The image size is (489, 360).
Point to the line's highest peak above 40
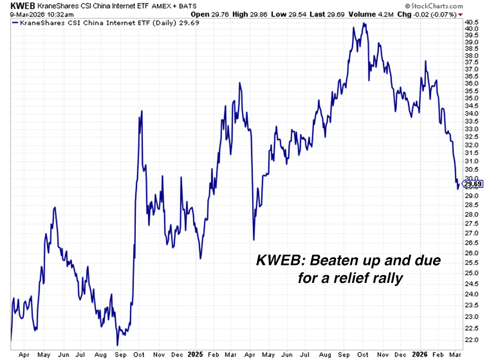tap(363, 23)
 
